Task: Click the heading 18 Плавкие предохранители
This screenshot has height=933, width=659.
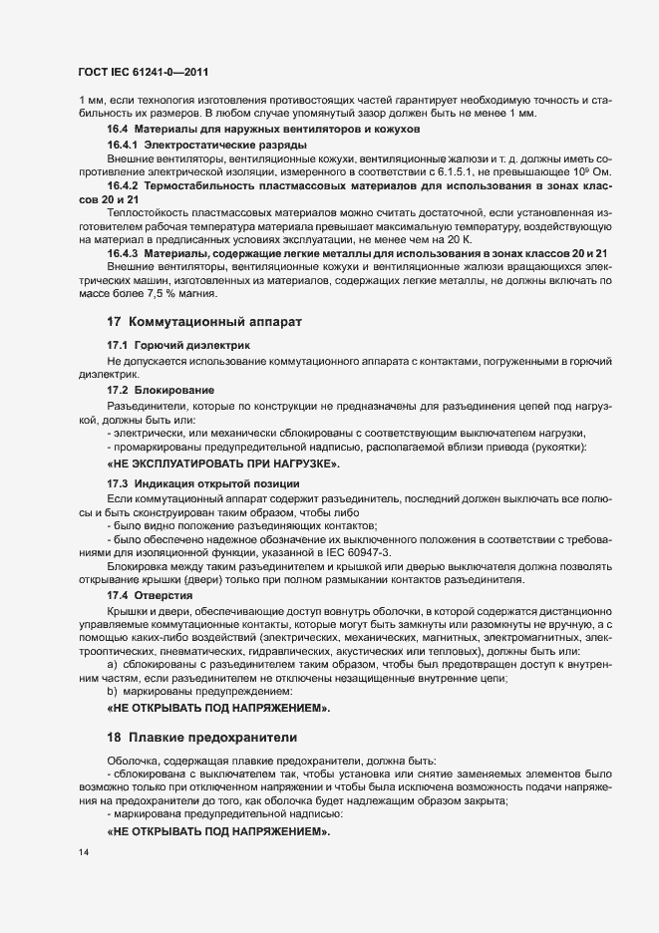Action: [x=201, y=738]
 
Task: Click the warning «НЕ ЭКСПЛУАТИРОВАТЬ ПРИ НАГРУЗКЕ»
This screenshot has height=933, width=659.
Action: [x=223, y=466]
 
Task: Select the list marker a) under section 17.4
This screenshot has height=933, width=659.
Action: [x=113, y=664]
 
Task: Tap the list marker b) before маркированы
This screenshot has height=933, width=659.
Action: [x=113, y=691]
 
